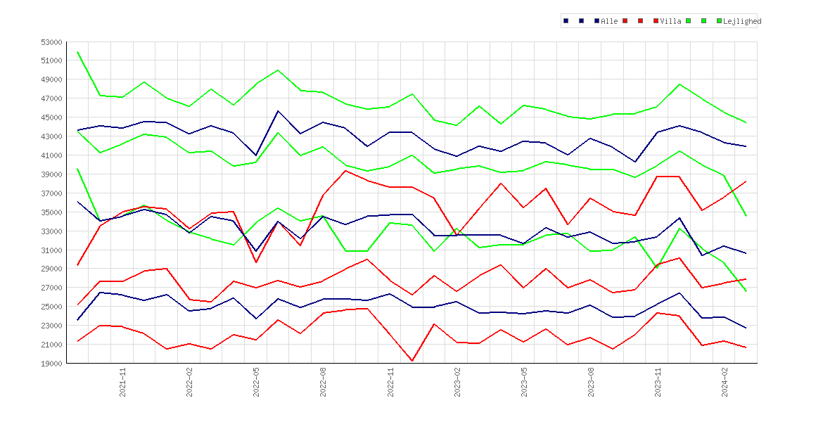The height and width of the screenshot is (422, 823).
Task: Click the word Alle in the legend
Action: [609, 22]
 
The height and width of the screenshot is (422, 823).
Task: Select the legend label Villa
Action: [671, 22]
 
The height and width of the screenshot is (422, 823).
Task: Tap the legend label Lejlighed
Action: [742, 22]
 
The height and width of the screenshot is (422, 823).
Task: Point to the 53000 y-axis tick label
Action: [51, 42]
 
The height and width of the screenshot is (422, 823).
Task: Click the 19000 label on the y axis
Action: [51, 363]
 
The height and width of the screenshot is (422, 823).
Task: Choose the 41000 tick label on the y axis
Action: [51, 155]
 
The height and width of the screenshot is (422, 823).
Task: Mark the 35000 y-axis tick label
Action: [51, 212]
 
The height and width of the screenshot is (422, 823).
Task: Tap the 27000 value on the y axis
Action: [51, 288]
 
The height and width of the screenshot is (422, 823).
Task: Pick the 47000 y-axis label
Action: [51, 98]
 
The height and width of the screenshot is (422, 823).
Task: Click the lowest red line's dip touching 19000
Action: [412, 361]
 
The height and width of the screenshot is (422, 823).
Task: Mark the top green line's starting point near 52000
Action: [77, 52]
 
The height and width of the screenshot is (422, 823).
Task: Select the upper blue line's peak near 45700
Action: [278, 110]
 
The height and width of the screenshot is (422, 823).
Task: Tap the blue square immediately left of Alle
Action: [596, 21]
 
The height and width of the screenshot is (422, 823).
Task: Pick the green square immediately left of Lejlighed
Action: [719, 21]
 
